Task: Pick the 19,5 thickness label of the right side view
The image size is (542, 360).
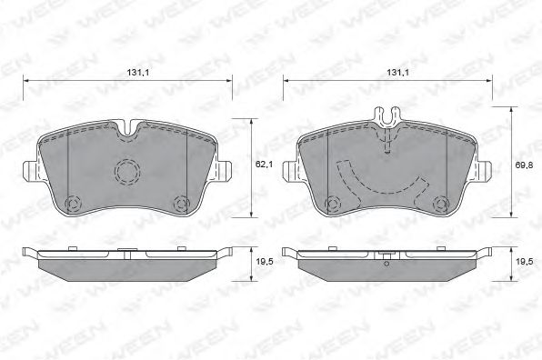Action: click(526, 262)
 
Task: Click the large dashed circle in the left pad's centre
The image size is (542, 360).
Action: click(125, 171)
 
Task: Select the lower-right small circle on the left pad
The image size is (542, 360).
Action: click(180, 202)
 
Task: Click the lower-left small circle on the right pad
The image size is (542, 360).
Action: click(333, 202)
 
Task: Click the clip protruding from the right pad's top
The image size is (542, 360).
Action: click(387, 115)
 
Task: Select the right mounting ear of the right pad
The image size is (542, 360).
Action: click(487, 170)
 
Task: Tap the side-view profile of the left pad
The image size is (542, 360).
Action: click(126, 263)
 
